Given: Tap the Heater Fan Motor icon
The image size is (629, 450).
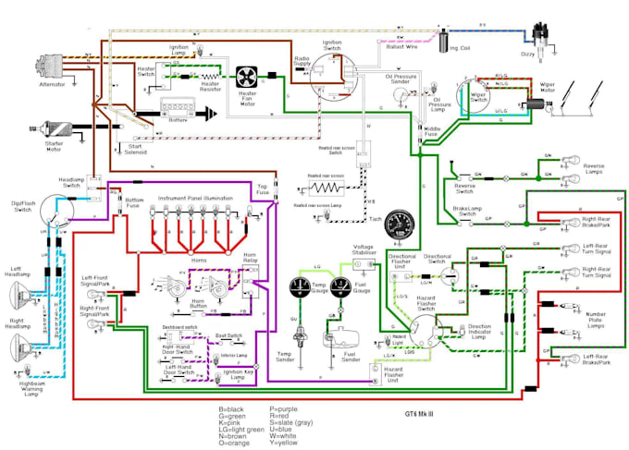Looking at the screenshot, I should pos(247,78).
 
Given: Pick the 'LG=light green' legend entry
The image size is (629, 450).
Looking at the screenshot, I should pos(243,427).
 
